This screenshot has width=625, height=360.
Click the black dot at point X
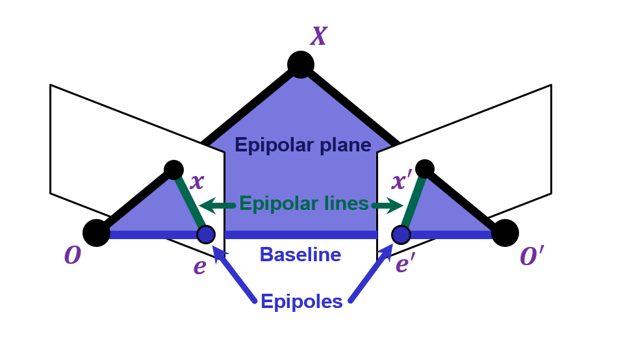point(301,64)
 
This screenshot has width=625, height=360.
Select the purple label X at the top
point(318,36)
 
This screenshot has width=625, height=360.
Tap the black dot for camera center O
point(96,233)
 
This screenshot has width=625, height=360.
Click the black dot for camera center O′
point(505,233)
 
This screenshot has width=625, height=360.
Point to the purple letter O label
point(72,256)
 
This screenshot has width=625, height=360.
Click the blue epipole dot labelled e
point(206,234)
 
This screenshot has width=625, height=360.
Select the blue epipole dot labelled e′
point(401,234)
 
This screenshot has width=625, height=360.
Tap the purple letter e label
point(199,266)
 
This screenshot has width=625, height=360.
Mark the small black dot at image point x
point(173,170)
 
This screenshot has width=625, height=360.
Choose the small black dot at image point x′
point(424,168)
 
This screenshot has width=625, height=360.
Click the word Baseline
point(300,255)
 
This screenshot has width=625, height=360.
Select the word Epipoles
point(301,302)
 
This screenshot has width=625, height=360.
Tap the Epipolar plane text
point(303,145)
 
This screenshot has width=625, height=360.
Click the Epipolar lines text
point(303,204)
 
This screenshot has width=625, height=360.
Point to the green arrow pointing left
point(217,206)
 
